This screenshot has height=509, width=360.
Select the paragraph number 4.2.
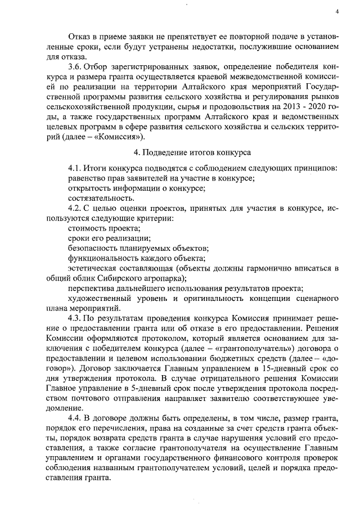(x=74, y=208)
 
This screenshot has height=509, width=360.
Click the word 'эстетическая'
(x=93, y=269)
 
